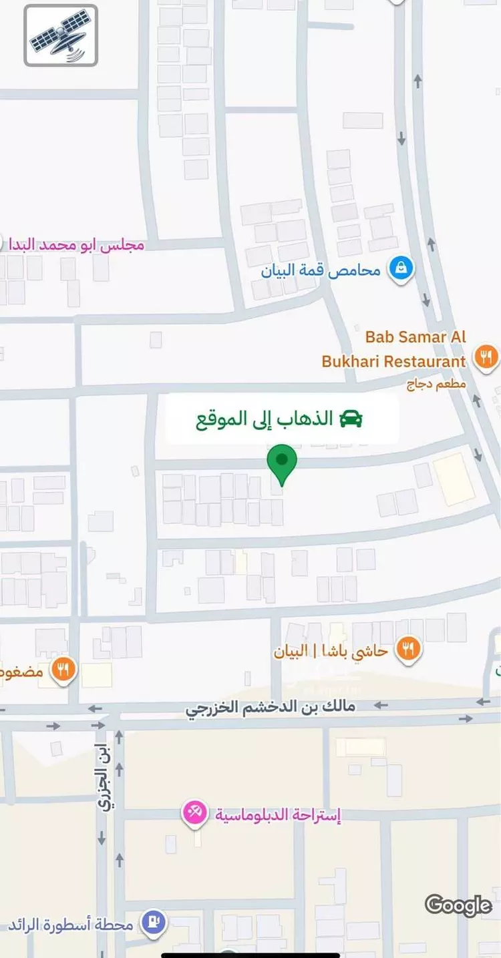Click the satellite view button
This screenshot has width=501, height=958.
(61, 35)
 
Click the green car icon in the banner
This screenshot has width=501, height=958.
(350, 419)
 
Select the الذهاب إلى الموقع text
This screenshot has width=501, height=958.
(264, 419)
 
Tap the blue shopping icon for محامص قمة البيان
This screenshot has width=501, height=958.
(401, 270)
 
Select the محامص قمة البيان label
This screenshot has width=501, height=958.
(321, 270)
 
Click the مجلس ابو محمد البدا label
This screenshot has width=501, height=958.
(75, 245)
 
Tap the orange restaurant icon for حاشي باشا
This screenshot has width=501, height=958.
(408, 650)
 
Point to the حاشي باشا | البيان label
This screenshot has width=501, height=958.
(331, 651)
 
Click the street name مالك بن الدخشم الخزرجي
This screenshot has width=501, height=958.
(270, 708)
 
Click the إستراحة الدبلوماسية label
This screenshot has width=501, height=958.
(278, 815)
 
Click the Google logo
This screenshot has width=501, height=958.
(458, 905)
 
